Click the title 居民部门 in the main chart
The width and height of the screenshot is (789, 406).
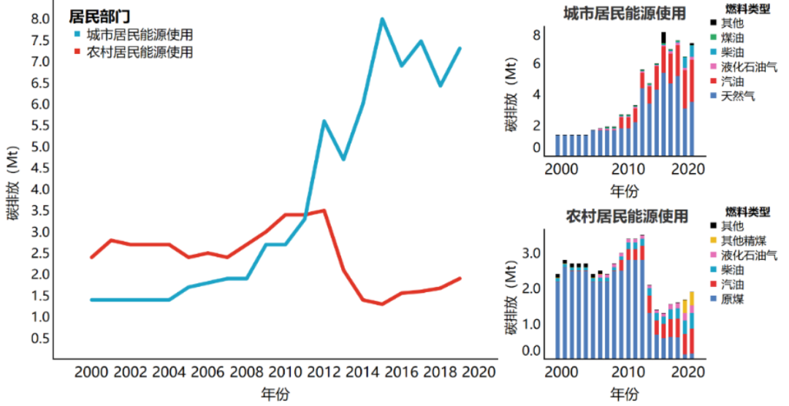pyautogui.click(x=99, y=15)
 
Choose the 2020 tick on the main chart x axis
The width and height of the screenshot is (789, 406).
pyautogui.click(x=477, y=371)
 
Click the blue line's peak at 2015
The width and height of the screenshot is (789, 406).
pyautogui.click(x=381, y=19)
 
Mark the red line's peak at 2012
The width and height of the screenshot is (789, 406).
pyautogui.click(x=324, y=210)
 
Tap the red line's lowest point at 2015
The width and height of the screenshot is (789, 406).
pyautogui.click(x=381, y=304)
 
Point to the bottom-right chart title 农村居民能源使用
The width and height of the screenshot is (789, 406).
pyautogui.click(x=626, y=216)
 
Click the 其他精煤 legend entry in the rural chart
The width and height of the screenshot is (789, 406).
pyautogui.click(x=742, y=240)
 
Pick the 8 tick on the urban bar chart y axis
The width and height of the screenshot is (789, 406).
pyautogui.click(x=536, y=34)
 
